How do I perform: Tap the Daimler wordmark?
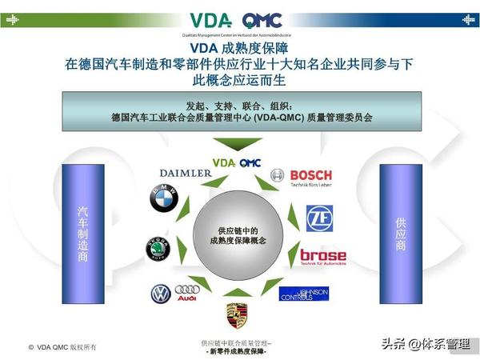[186, 173]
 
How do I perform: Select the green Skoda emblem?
[158, 249]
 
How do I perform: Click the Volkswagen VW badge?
[161, 294]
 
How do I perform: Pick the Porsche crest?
[236, 314]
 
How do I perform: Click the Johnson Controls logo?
[303, 294]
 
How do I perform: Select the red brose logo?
[322, 255]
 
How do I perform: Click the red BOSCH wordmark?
[310, 175]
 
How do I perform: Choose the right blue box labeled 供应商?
[400, 234]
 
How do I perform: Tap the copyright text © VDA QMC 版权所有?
[62, 346]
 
